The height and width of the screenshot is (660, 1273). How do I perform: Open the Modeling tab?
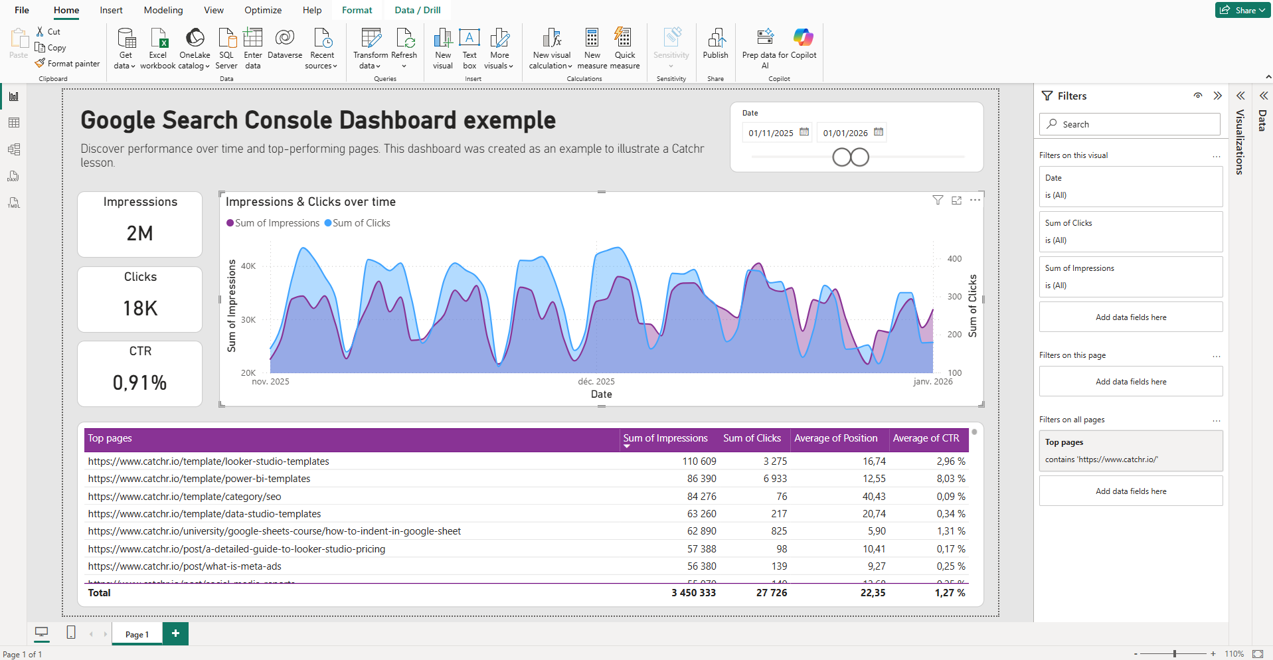tap(163, 10)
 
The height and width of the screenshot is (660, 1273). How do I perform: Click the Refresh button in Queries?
tap(404, 46)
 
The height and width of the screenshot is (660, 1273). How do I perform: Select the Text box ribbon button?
tap(469, 46)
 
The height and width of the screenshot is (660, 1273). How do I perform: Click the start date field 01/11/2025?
tap(771, 133)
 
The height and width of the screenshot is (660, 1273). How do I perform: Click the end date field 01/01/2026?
tap(845, 133)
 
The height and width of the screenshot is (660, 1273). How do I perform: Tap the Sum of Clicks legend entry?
tap(361, 223)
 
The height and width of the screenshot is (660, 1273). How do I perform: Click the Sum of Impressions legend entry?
tap(276, 223)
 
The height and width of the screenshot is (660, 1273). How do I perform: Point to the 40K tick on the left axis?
tap(248, 266)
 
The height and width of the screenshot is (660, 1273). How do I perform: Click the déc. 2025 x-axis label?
tap(596, 382)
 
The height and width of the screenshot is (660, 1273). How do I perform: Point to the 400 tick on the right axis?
tap(954, 259)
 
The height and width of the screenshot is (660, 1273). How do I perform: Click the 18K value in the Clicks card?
tap(140, 308)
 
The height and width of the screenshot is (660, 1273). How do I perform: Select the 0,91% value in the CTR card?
tap(139, 382)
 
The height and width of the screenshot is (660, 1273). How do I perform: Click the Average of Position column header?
tap(835, 438)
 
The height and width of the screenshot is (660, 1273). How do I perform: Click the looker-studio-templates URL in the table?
tap(209, 461)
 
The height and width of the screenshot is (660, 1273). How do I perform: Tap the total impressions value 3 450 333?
tap(693, 593)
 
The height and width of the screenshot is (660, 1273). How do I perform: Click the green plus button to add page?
tap(175, 633)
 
